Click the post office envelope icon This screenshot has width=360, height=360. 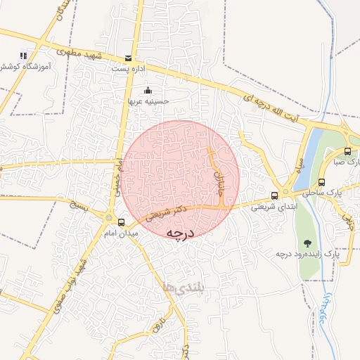[x=127, y=59]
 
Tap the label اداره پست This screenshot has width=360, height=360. [x=127, y=70]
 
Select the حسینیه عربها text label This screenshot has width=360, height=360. [x=148, y=101]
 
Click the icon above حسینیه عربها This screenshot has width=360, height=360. [x=148, y=91]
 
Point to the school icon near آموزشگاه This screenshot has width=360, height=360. [x=23, y=55]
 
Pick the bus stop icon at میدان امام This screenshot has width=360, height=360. [x=121, y=222]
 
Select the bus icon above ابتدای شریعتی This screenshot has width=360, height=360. [x=274, y=196]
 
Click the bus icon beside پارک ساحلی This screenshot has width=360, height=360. [x=321, y=182]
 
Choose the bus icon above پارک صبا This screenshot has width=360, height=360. [x=348, y=151]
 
